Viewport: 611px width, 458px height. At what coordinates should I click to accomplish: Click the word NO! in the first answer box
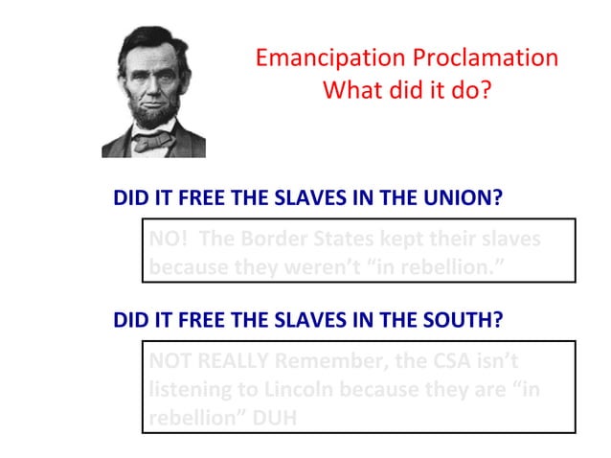[x=169, y=239]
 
